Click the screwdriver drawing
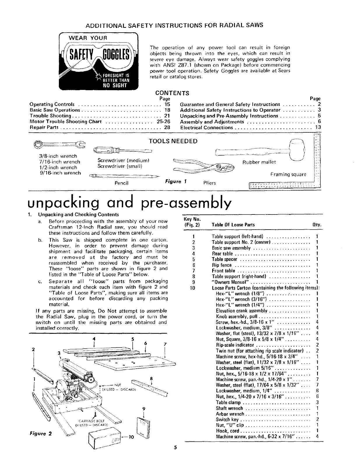click(122, 150)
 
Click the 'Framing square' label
click(288, 175)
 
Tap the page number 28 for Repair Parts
click(167, 127)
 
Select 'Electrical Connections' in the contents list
click(206, 127)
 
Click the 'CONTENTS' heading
click(172, 93)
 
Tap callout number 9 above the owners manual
click(143, 408)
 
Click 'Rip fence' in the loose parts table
click(222, 265)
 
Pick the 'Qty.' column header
click(317, 225)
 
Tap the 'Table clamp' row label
click(228, 402)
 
